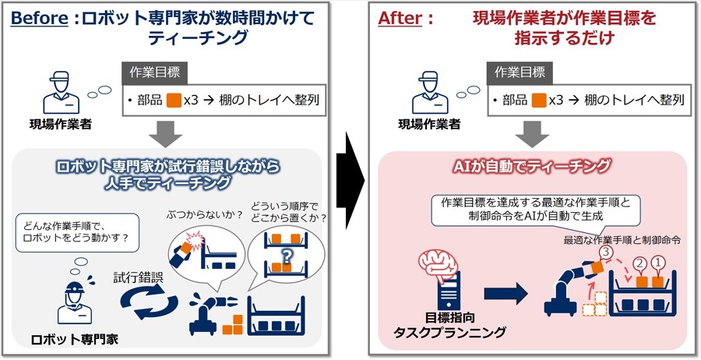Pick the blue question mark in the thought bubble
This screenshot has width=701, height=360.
pos(287,256)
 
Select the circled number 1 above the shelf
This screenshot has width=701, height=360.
pos(658,263)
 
